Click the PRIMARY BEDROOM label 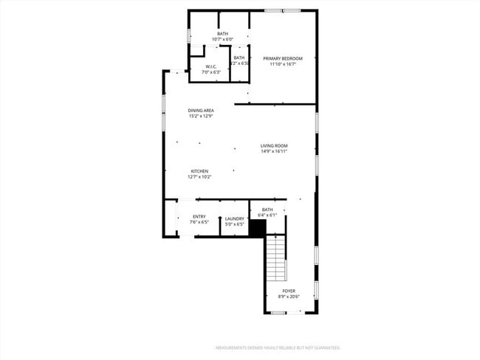tap(283, 58)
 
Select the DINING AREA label tap(201, 110)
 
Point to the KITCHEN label tap(199, 170)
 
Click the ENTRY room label tap(199, 216)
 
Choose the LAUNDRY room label tap(235, 218)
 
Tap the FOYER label tap(289, 291)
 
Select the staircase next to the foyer tap(275, 257)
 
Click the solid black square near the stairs tap(257, 228)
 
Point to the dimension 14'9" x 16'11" tap(273, 151)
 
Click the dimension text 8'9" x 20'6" tap(289, 296)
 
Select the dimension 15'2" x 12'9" tap(201, 116)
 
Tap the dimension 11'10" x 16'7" tap(283, 64)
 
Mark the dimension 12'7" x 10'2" tap(199, 176)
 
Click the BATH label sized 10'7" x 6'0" tap(222, 33)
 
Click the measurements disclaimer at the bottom tap(277, 347)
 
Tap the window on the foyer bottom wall tap(278, 313)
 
